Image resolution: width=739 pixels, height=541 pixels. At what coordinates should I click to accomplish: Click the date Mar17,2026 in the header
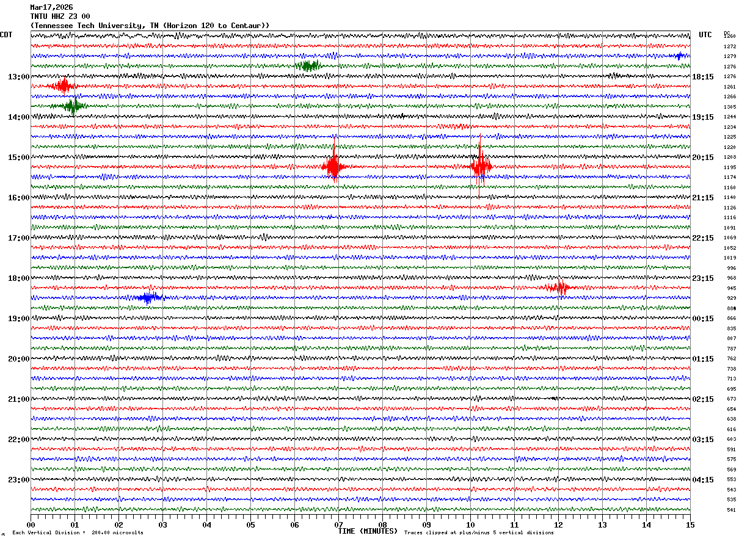[x=51, y=7]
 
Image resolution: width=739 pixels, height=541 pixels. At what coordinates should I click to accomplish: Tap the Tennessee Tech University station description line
[x=150, y=26]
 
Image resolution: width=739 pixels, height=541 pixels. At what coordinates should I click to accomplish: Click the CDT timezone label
[x=6, y=35]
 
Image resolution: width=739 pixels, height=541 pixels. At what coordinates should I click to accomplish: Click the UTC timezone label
[x=705, y=35]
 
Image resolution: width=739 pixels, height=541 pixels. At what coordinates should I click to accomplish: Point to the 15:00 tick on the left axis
[x=18, y=158]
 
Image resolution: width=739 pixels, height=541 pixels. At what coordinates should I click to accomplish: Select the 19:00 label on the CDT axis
[x=18, y=319]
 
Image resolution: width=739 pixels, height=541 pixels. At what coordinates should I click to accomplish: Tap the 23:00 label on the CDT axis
[x=18, y=480]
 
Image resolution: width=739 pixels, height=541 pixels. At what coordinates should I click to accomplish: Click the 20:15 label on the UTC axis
[x=703, y=158]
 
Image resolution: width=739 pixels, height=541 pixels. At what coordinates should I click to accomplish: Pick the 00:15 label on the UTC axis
[x=703, y=319]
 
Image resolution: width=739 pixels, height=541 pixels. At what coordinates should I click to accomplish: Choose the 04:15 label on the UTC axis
[x=703, y=480]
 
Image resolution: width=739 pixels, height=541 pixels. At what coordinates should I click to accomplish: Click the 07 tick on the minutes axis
[x=338, y=525]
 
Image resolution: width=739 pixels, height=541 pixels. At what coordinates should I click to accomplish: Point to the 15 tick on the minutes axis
[x=690, y=525]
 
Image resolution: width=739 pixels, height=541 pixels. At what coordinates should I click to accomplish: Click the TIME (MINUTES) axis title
[x=368, y=531]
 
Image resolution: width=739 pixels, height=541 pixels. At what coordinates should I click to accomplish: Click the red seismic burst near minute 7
[x=333, y=166]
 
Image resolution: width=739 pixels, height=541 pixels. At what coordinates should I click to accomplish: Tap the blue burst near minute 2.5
[x=148, y=297]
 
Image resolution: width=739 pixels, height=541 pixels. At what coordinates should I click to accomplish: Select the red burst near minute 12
[x=559, y=288]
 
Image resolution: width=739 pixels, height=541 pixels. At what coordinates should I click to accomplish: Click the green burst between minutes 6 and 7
[x=307, y=66]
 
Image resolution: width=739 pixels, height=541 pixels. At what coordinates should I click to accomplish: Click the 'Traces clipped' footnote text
[x=479, y=532]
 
